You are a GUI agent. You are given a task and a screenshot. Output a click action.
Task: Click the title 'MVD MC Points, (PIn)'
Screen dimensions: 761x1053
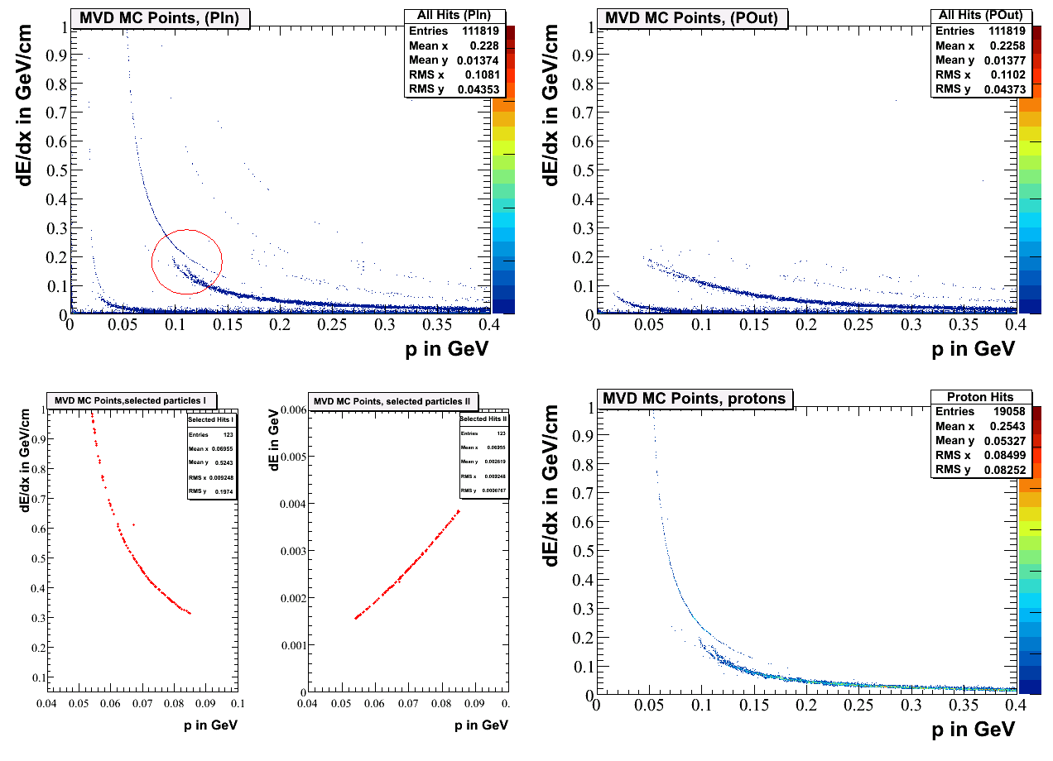161,17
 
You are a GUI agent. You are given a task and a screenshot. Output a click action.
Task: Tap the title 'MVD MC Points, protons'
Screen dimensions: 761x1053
694,399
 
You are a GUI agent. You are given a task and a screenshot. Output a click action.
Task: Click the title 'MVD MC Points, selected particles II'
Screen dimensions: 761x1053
391,401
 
